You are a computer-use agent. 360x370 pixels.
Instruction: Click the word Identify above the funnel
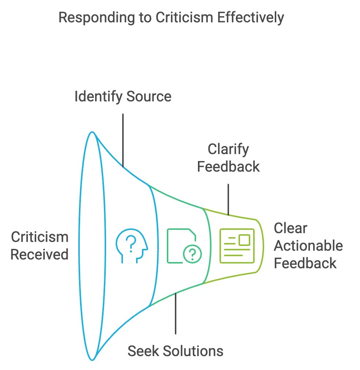coord(98,97)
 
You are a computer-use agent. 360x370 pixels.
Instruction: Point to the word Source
coord(149,97)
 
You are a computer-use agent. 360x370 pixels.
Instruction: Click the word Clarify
coord(228,149)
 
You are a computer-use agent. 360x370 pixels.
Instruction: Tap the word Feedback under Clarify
coord(228,167)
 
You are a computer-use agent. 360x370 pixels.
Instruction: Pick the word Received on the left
coord(40,254)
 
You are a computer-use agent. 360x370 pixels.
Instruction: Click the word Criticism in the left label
coord(40,237)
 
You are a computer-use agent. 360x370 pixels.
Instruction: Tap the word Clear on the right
coord(290,228)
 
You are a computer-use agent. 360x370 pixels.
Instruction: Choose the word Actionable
coord(308,246)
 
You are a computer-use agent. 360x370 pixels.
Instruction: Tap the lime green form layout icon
coord(237,246)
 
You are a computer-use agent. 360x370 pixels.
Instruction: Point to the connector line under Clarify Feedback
coord(228,199)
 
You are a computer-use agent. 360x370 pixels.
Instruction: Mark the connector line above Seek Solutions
coord(176,313)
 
